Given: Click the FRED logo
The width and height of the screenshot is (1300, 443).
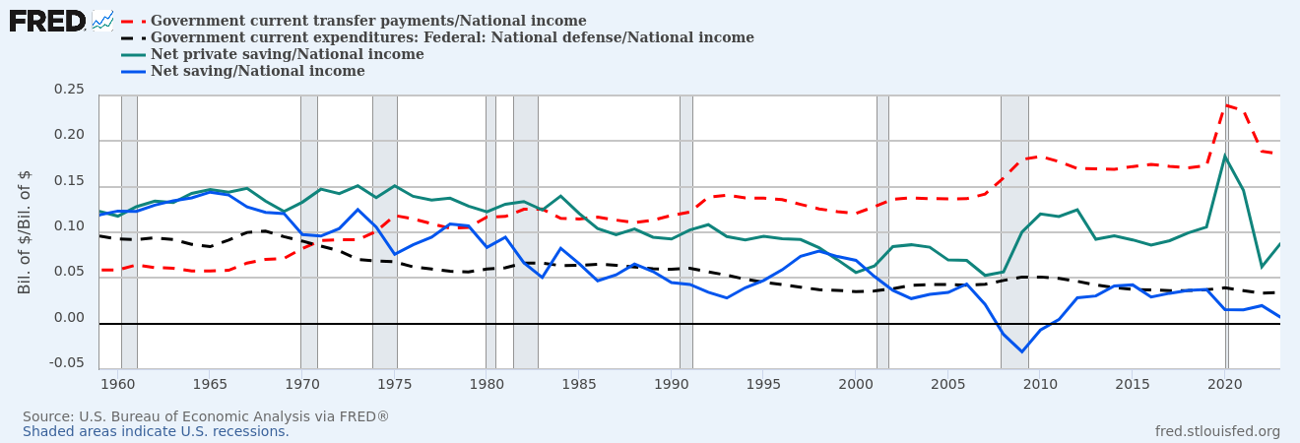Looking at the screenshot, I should coord(47,20).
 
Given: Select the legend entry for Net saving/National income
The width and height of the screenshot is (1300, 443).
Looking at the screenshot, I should coord(257,71).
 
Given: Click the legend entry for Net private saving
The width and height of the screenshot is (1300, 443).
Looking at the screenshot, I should coord(287,54).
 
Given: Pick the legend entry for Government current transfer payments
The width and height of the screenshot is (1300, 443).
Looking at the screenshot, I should coord(367,21).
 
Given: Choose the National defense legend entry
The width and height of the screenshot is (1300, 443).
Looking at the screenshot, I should coord(452,37).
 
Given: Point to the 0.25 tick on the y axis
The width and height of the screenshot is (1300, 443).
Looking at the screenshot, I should coord(68,90).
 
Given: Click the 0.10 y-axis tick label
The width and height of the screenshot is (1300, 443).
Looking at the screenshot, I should coord(68,226).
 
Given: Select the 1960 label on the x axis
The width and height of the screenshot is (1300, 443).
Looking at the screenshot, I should coord(118,382).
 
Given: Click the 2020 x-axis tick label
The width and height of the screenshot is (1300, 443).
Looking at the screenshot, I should coord(1225,382).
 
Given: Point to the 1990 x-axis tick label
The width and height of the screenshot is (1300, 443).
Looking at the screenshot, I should coord(672,382).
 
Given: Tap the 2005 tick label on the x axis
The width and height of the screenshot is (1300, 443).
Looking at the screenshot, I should coord(948,382).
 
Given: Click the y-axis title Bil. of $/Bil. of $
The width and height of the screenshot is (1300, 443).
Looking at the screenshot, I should coord(25,232).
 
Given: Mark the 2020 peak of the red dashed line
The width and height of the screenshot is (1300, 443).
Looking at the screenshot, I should coord(1225,104).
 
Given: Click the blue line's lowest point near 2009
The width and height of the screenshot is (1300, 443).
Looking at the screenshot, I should coord(1022,351).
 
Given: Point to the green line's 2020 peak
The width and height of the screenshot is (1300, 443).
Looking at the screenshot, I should coord(1225,156).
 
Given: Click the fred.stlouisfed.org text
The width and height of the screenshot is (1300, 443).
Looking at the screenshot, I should coord(1217,431).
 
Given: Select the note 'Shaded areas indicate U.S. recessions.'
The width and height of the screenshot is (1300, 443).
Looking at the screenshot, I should coord(156,431).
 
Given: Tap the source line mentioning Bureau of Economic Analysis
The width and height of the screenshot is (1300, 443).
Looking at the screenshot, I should coord(206,416).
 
